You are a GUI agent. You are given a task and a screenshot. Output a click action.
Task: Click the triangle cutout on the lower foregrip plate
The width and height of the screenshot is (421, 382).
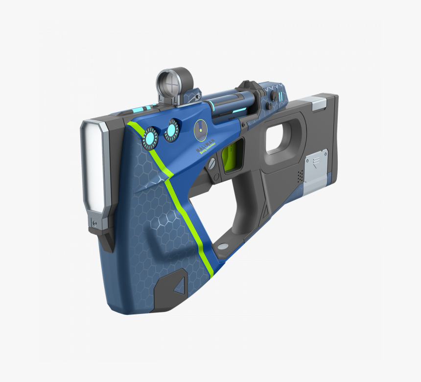click(x=180, y=286)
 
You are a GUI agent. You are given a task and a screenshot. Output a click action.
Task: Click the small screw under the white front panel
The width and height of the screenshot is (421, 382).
click(x=94, y=223)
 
